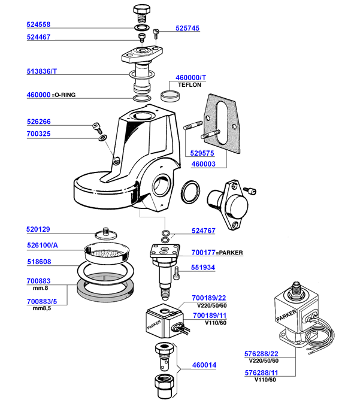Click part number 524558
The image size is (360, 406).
pos(38,26)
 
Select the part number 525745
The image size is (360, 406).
pos(187,28)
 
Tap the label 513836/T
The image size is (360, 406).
pos(42,71)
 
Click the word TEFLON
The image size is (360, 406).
pos(189,86)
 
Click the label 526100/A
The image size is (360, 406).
pos(42,246)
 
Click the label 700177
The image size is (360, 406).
pos(204,253)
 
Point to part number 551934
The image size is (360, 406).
pos(204,268)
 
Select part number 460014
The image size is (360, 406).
pos(204,365)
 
